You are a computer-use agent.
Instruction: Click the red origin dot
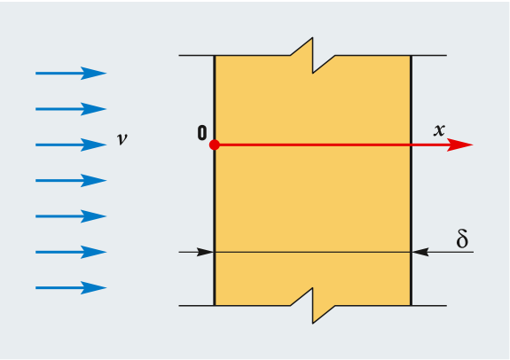pos(215,145)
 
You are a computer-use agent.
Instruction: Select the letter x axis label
pos(439,130)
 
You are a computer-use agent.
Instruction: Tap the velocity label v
pos(122,139)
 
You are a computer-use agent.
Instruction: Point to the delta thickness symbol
pos(462,239)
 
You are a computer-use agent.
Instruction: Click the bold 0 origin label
pos(202,133)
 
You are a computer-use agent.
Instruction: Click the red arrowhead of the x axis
pos(459,145)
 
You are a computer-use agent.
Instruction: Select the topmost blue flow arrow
pos(71,74)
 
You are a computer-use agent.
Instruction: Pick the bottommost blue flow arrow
pos(71,288)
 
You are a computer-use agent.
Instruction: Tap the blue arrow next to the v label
pos(71,145)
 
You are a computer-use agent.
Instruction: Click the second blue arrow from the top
pos(71,109)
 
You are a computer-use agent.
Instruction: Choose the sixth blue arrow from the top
pos(71,252)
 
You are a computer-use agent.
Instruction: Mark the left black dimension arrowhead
pos(205,252)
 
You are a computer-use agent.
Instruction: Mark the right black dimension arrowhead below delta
pos(420,252)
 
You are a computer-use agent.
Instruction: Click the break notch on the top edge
pos(312,55)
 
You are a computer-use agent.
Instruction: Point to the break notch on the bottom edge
pos(312,306)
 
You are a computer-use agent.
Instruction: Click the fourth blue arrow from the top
pos(71,181)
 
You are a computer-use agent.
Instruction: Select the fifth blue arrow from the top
pos(71,216)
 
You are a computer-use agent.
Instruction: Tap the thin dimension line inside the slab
pos(312,252)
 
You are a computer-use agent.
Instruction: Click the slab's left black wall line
pos(215,181)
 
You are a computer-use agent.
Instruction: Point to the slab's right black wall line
pos(412,181)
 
